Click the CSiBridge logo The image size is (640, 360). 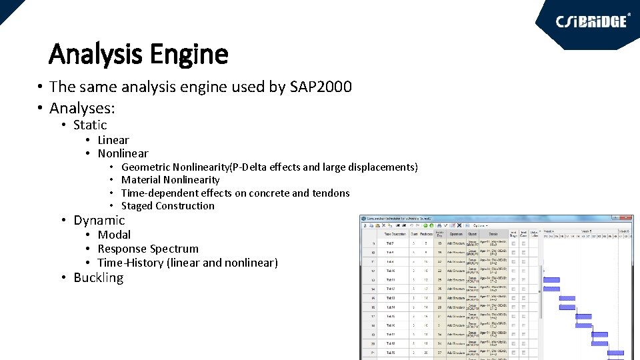[x=592, y=21]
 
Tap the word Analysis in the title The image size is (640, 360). [x=98, y=53]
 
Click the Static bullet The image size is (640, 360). [x=90, y=125]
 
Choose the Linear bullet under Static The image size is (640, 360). [x=113, y=140]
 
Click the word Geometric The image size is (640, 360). [x=146, y=167]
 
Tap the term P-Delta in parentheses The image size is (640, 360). [x=252, y=167]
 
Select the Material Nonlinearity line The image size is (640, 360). [x=170, y=180]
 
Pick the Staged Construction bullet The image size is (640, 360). [x=167, y=206]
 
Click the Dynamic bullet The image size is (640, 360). [x=99, y=220]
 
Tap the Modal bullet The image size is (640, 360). [x=114, y=235]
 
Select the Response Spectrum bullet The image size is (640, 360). [x=148, y=249]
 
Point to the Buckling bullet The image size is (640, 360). [x=99, y=277]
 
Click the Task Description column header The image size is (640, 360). [x=395, y=234]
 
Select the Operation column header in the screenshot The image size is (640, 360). [x=456, y=234]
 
